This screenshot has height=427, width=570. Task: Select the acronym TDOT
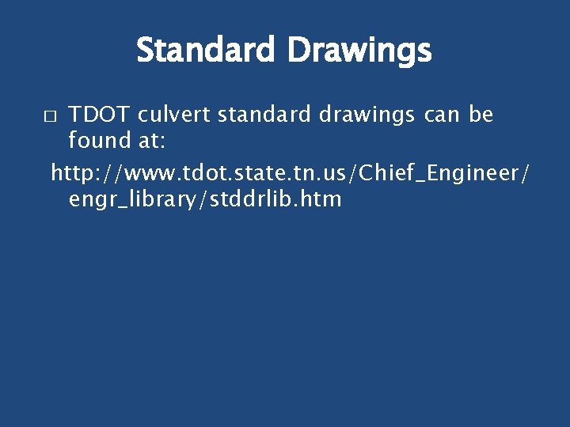(100, 115)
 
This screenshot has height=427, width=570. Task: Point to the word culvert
(174, 115)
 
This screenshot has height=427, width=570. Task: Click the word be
(481, 115)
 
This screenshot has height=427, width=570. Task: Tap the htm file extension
(321, 198)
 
